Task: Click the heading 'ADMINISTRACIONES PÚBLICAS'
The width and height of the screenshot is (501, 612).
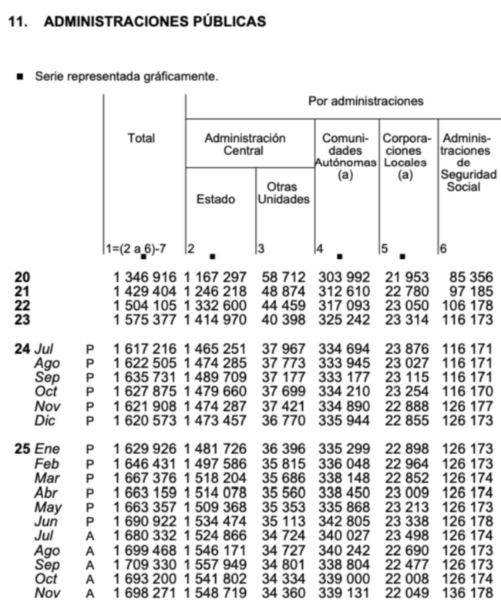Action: click(154, 22)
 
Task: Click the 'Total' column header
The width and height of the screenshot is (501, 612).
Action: click(141, 138)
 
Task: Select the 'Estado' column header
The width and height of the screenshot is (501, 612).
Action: click(215, 199)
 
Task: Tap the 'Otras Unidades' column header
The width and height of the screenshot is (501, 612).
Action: click(283, 193)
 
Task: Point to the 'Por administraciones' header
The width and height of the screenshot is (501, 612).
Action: click(366, 101)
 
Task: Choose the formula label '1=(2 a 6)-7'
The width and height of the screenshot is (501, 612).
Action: click(136, 249)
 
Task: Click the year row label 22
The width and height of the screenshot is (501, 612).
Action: click(22, 306)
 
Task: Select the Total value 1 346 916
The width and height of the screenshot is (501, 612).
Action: click(144, 277)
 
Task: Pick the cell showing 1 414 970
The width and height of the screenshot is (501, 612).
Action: click(215, 320)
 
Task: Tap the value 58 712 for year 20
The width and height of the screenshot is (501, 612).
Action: click(284, 277)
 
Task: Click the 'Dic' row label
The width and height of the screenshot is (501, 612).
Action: click(45, 421)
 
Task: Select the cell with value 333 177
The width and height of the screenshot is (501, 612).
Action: click(344, 377)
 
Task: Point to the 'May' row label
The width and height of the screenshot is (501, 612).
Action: click(48, 507)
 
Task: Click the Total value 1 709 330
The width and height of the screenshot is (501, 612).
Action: click(144, 565)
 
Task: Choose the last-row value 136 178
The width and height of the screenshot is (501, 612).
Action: click(467, 593)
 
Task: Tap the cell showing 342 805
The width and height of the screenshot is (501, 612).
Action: click(344, 521)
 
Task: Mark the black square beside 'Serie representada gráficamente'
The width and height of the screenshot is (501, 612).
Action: click(19, 77)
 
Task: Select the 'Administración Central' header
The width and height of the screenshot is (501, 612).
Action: click(244, 144)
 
